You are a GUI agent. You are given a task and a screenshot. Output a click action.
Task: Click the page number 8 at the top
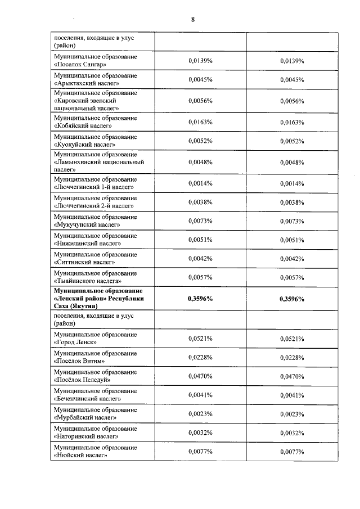(x=192, y=20)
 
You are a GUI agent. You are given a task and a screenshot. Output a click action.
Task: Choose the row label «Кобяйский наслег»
(x=82, y=125)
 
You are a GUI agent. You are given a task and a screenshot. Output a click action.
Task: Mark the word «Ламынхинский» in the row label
(x=78, y=161)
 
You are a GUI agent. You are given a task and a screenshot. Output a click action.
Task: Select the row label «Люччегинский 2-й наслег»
(x=93, y=205)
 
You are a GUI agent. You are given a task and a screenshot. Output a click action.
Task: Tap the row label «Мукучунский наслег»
(x=85, y=224)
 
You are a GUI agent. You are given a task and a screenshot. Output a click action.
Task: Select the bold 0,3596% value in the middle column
(x=200, y=299)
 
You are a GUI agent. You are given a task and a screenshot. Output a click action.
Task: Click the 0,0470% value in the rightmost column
(x=292, y=376)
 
